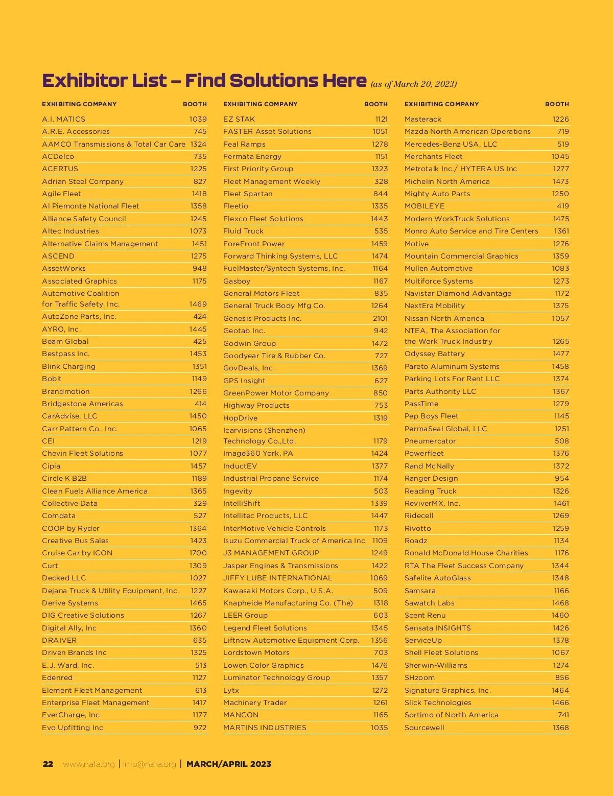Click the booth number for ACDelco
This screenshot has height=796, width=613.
tap(200, 156)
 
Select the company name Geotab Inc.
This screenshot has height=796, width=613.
tap(244, 331)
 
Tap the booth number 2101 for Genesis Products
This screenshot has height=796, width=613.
tap(380, 318)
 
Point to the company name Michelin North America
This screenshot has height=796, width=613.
tap(447, 181)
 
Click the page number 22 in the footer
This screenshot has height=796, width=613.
tap(48, 764)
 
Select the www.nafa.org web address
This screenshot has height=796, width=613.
tap(89, 764)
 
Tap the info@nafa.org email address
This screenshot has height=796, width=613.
tap(149, 764)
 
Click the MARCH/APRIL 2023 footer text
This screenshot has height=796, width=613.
tap(229, 764)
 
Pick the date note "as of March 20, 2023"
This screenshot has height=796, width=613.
tap(413, 84)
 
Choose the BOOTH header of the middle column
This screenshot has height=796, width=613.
tap(376, 104)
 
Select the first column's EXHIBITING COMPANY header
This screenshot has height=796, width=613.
tap(79, 104)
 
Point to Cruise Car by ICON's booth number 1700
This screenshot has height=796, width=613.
tap(198, 553)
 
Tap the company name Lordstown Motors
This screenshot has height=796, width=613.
tap(256, 652)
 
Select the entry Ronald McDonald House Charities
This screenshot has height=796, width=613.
tap(466, 553)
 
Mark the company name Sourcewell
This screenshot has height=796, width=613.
tap(425, 728)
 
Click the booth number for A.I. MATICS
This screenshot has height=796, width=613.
tap(198, 119)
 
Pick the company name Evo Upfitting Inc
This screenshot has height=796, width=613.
tap(73, 728)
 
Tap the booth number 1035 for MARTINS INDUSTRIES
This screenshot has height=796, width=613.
tap(379, 728)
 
